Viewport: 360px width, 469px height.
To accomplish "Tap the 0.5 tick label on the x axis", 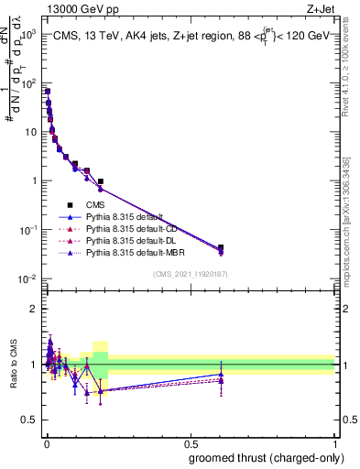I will (x=190, y=443).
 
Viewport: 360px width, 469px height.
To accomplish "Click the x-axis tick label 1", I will (x=335, y=443).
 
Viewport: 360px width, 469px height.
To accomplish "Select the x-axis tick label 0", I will (x=45, y=443).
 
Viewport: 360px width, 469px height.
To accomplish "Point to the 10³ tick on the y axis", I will (x=27, y=34).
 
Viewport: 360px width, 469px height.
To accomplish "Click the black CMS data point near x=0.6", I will (x=221, y=247).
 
